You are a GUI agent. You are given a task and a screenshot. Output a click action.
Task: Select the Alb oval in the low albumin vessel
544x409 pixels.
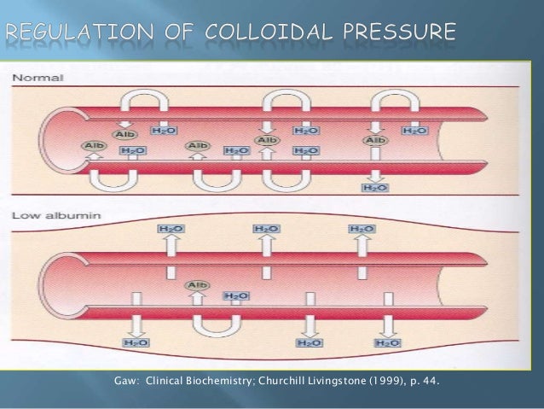point(199,285)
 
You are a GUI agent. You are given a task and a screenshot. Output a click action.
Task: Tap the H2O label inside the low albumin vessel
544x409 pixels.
point(236,295)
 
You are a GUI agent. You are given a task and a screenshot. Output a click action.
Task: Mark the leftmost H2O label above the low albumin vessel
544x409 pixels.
point(169,229)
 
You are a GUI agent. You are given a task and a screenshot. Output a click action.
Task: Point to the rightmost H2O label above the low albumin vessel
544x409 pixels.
point(365,229)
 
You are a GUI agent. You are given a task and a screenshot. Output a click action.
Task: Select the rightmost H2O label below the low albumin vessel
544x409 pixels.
point(389,342)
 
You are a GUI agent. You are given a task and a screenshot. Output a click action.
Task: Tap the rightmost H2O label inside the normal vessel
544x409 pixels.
point(414,131)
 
